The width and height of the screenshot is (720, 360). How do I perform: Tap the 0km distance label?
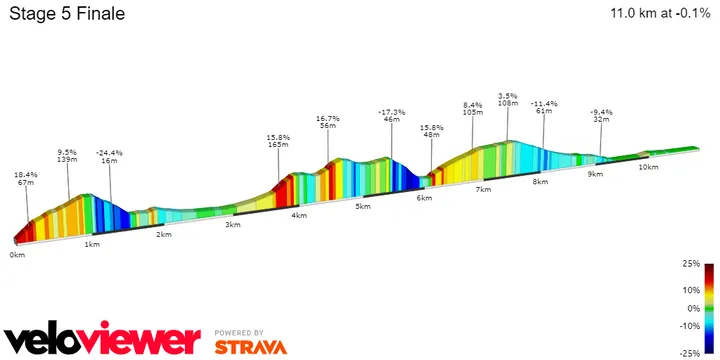pyautogui.click(x=17, y=255)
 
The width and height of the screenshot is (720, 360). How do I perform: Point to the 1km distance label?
pyautogui.click(x=92, y=244)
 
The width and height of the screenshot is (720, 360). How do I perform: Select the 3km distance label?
pyautogui.click(x=233, y=225)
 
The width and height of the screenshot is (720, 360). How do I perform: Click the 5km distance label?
pyautogui.click(x=363, y=206)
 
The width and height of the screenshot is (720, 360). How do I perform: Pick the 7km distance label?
pyautogui.click(x=483, y=189)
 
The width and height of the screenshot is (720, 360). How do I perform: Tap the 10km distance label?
pyautogui.click(x=648, y=167)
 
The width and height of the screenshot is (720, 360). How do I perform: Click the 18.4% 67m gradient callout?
pyautogui.click(x=25, y=179)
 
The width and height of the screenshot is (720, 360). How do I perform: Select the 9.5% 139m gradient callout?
pyautogui.click(x=68, y=154)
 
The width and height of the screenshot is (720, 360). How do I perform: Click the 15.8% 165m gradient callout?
pyautogui.click(x=279, y=141)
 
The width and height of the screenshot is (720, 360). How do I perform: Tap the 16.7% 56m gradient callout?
pyautogui.click(x=328, y=122)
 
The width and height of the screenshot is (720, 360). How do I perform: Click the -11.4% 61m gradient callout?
pyautogui.click(x=544, y=108)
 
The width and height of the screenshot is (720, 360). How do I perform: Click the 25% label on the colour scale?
pyautogui.click(x=691, y=264)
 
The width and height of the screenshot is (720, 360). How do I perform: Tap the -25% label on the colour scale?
pyautogui.click(x=690, y=353)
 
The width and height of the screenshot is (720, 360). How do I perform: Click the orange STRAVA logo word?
pyautogui.click(x=251, y=347)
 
